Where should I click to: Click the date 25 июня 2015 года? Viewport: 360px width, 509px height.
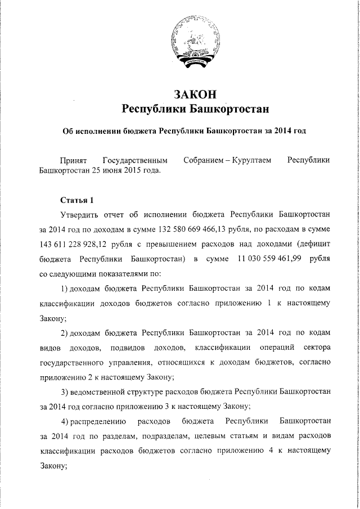click(126, 171)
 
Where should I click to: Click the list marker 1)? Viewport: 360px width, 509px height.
click(64, 289)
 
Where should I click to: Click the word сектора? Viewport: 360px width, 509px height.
click(314, 347)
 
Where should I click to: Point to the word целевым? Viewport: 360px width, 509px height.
click(217, 435)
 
